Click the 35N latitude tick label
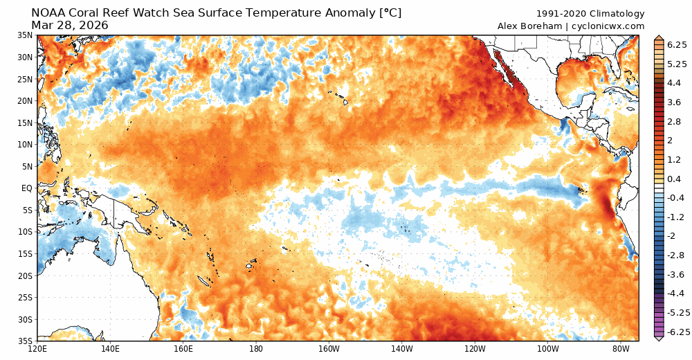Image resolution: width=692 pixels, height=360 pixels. pyautogui.click(x=25, y=35)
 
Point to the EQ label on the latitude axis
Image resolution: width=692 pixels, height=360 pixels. pyautogui.click(x=26, y=188)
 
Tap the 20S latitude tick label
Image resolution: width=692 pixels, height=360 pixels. pyautogui.click(x=25, y=276)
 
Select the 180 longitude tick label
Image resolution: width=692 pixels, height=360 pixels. pyautogui.click(x=255, y=349)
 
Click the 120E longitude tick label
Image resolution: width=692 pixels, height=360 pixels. pyautogui.click(x=37, y=349)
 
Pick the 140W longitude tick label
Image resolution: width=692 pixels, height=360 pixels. pyautogui.click(x=401, y=349)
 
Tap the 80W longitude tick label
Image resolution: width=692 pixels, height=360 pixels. pyautogui.click(x=620, y=349)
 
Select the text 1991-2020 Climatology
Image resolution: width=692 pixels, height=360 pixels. pyautogui.click(x=590, y=14)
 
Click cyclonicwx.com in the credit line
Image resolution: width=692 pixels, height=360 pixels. pyautogui.click(x=608, y=26)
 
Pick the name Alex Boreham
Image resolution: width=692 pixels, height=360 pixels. pyautogui.click(x=529, y=26)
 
